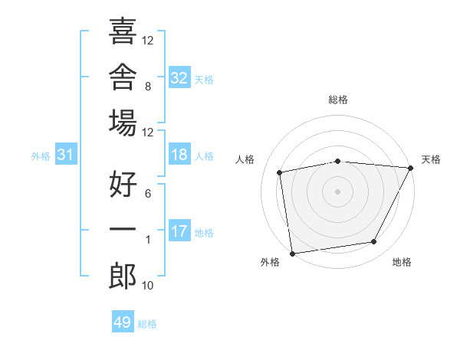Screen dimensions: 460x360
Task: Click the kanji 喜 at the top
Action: coord(123,31)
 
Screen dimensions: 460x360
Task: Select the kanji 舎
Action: coord(123,77)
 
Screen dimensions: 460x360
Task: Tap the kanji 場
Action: coord(123,123)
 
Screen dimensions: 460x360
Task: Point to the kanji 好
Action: coord(123,184)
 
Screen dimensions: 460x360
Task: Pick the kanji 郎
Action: coord(123,276)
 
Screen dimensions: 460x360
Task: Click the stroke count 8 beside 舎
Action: coord(148,87)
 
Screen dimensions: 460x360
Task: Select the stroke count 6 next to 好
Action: coord(148,194)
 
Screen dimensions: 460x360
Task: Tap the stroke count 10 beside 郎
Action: coord(147,285)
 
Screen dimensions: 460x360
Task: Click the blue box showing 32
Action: coord(179,77)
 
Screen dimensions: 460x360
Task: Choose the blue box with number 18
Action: coord(179,154)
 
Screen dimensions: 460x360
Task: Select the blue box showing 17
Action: coord(179,230)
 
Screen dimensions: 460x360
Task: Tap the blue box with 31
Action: coord(66,154)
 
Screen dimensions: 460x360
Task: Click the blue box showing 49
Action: coord(123,321)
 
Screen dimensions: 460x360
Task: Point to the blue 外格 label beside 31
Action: coord(41,156)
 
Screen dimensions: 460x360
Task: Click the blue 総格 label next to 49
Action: coord(147,324)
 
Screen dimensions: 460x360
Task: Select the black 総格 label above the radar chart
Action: coord(338,100)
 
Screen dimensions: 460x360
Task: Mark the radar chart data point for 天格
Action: coord(411,168)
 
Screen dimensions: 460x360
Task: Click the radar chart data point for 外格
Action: coord(292,254)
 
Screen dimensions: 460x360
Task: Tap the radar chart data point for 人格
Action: coord(279,172)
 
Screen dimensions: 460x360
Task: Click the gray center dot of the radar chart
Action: coord(337,191)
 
